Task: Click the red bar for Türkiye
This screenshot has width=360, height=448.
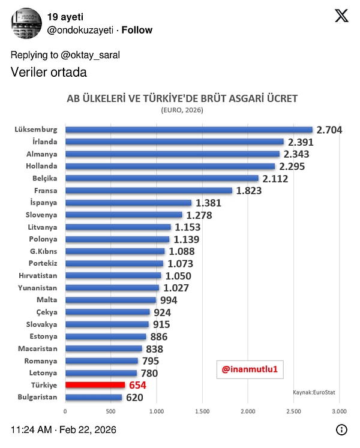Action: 95,385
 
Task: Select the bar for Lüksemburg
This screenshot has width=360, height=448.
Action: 188,130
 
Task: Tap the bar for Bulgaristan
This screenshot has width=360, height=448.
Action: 93,397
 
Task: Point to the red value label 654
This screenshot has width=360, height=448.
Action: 137,385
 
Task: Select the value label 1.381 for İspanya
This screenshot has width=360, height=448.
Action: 208,203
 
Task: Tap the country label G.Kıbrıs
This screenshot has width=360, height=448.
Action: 43,251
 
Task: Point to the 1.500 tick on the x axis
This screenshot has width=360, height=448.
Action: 202,411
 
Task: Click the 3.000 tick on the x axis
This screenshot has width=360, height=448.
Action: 339,411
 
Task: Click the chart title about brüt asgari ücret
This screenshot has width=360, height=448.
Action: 182,98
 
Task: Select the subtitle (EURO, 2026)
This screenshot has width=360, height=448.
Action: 182,110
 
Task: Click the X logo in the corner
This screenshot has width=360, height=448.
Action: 341,16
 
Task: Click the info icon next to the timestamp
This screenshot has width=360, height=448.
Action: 341,429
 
